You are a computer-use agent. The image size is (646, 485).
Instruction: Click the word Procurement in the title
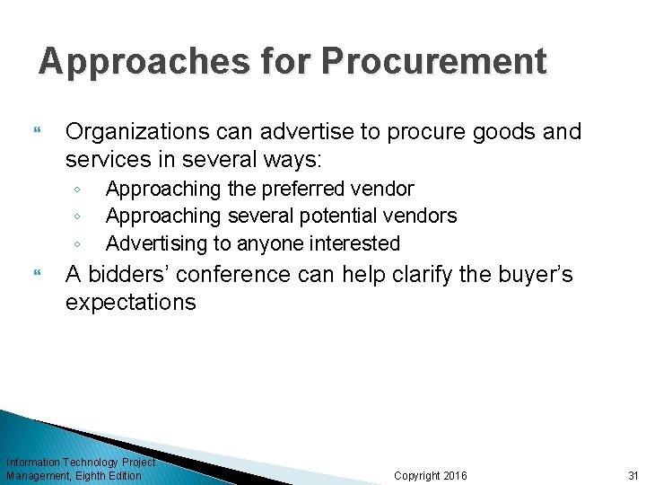(x=433, y=61)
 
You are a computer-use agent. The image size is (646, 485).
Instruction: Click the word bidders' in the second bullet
(x=133, y=274)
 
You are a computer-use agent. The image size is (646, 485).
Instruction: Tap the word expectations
(x=130, y=302)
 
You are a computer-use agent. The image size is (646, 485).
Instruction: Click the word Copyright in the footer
(x=417, y=475)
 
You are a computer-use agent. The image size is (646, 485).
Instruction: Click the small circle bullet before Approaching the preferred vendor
(x=78, y=190)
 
